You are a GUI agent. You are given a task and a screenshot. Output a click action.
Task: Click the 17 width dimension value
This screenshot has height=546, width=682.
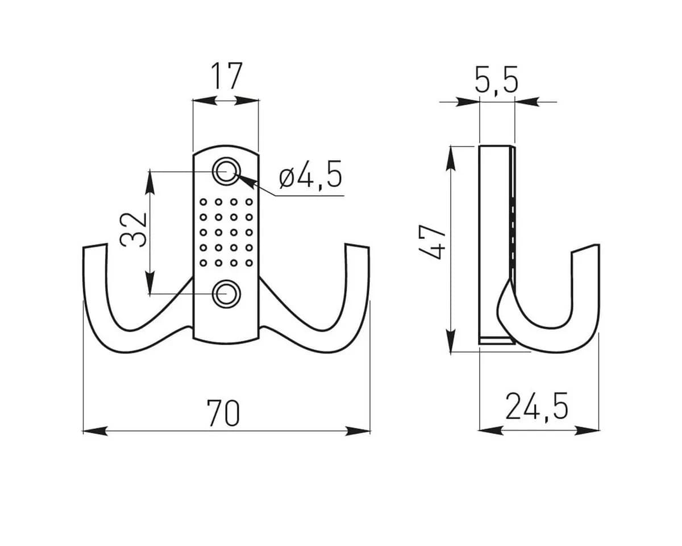coord(226,76)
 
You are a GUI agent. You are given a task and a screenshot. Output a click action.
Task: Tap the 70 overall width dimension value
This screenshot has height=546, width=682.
coord(223,413)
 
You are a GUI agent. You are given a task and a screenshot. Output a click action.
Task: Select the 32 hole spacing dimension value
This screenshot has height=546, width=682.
coord(134,230)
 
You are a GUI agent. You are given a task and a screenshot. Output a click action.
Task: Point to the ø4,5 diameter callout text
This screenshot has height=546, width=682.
coord(310,175)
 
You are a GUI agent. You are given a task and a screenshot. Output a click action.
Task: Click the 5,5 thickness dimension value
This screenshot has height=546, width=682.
coord(496,80)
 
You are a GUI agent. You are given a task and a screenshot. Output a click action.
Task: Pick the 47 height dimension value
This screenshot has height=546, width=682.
coord(433,242)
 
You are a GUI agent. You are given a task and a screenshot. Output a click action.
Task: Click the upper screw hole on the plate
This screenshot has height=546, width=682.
coord(226,171)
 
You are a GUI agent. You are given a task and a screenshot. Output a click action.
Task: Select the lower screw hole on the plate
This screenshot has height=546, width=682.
coord(226,294)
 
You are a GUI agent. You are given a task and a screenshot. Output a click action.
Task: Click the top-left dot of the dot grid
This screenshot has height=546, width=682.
coord(203,202)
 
